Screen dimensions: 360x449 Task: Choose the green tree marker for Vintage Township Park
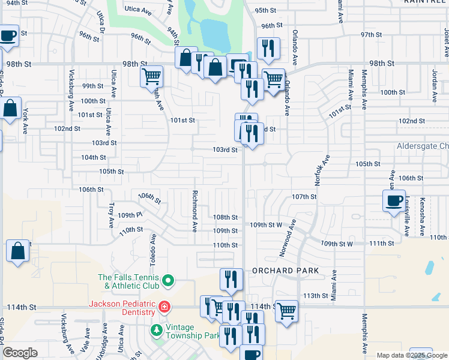point(157,331)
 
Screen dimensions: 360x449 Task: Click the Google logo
point(20,353)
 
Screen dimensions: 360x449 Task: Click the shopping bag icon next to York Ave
point(11,110)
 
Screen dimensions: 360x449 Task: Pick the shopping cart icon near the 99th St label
point(151,77)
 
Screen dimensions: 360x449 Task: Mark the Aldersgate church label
point(423,146)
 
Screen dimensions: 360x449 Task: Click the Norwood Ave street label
point(288,238)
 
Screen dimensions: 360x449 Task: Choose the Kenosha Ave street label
point(423,217)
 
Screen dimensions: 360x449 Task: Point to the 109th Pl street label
point(130,215)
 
